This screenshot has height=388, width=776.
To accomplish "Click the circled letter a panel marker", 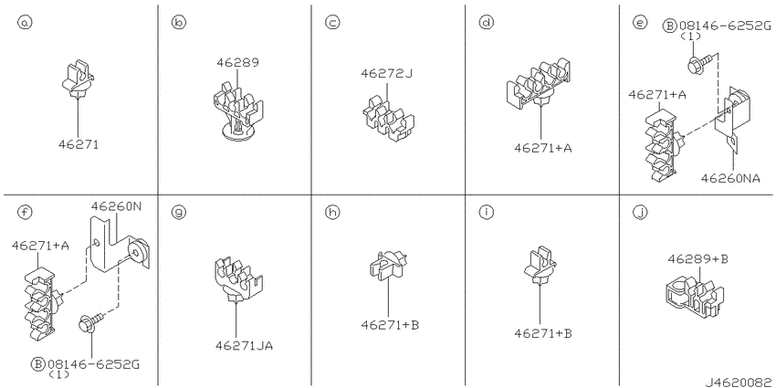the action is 25,23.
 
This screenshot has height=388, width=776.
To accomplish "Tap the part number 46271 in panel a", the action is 79,144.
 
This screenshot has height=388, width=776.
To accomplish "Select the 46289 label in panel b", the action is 237,63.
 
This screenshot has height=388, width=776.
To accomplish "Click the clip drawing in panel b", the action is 237,110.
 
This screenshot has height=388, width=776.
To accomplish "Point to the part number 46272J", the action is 386,74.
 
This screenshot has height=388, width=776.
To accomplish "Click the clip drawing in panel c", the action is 389,119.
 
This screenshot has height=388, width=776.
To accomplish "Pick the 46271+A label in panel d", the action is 542,148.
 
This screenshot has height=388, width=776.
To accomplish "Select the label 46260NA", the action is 730,178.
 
